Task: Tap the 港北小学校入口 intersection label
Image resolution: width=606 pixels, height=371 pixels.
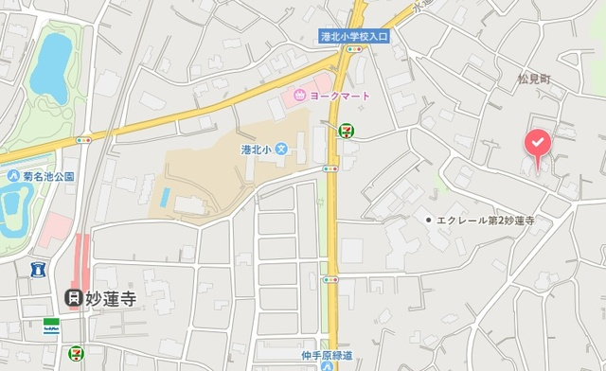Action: [355, 35]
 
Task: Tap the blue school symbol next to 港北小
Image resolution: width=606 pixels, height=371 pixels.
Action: [280, 150]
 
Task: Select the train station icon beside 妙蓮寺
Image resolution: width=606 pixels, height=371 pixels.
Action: [72, 297]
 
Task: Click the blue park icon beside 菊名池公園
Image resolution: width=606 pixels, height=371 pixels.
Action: [13, 176]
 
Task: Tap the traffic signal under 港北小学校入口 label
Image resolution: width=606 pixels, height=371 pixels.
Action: [354, 48]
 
